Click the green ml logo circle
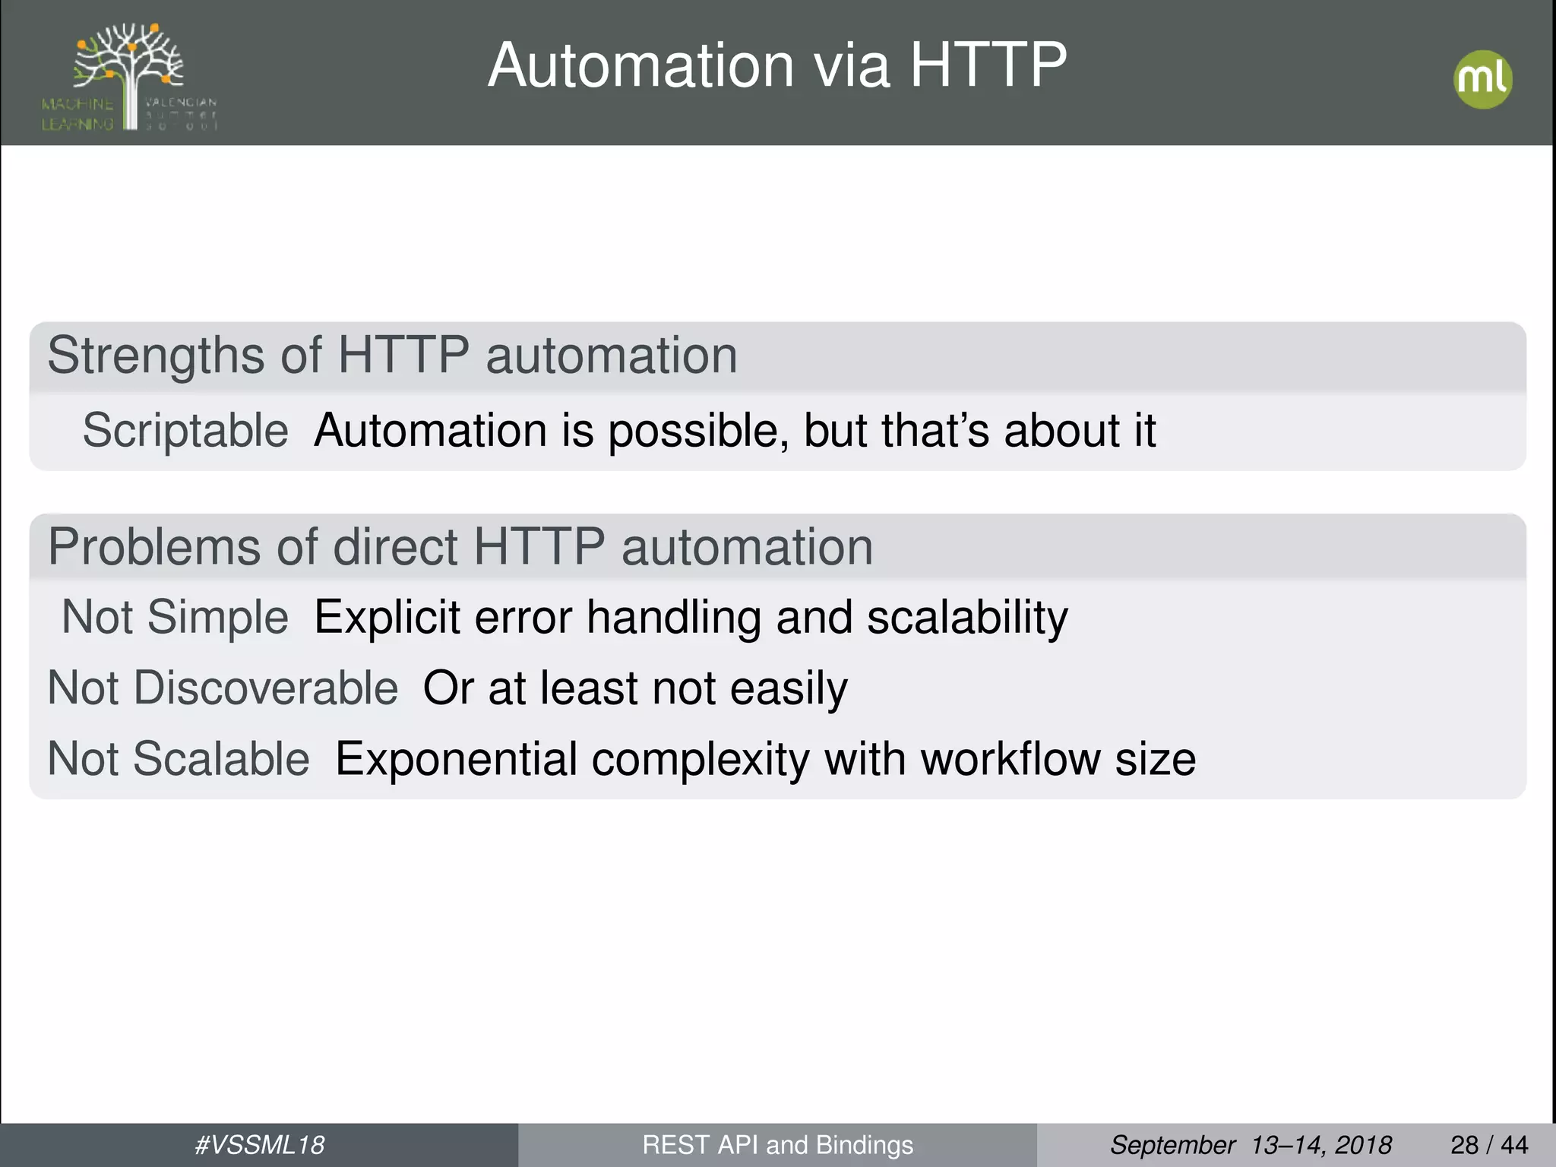pyautogui.click(x=1482, y=80)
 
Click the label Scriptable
pyautogui.click(x=185, y=431)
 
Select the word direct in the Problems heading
pyautogui.click(x=395, y=547)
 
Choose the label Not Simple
pyautogui.click(x=175, y=616)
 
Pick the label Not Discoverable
pyautogui.click(x=223, y=688)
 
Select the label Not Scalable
pyautogui.click(x=179, y=759)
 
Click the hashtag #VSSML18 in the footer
pyautogui.click(x=260, y=1145)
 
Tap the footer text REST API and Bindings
pyautogui.click(x=777, y=1145)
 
